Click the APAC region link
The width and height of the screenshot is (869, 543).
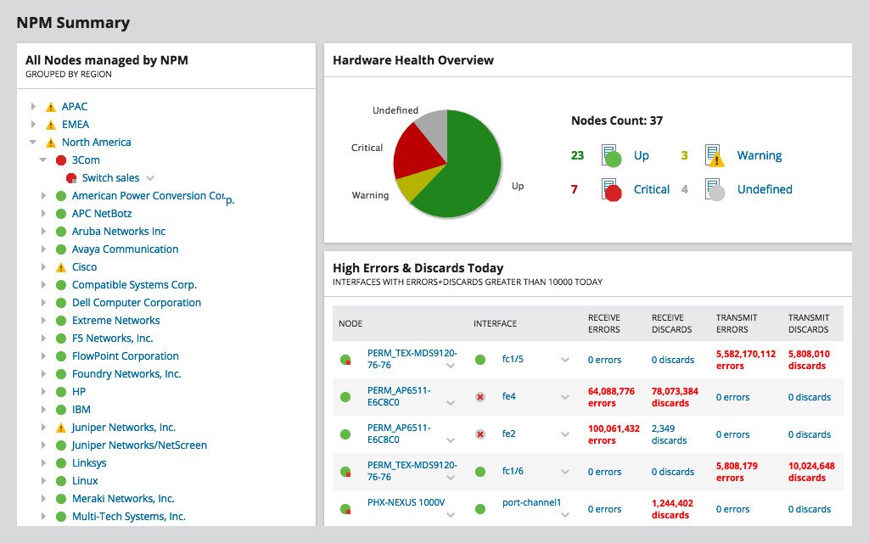click(74, 107)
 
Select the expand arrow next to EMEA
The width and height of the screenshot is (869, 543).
click(33, 125)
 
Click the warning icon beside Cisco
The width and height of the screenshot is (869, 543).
click(60, 267)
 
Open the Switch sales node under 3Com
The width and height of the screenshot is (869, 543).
click(110, 178)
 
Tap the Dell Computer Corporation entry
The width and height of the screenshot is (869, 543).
click(136, 303)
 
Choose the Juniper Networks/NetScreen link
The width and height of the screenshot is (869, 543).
click(139, 445)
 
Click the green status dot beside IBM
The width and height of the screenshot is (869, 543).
click(60, 410)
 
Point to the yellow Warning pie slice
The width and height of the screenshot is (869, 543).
click(407, 187)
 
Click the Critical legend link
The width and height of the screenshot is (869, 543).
click(652, 189)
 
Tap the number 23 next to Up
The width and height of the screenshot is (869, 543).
click(577, 155)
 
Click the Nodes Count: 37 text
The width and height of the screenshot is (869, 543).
click(617, 121)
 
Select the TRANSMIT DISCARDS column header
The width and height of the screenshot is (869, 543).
click(808, 323)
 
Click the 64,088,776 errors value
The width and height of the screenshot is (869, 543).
click(611, 397)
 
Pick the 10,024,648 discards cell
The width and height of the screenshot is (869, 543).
click(810, 472)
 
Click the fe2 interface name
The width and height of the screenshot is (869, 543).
click(509, 434)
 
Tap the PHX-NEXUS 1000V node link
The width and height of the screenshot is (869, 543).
click(406, 502)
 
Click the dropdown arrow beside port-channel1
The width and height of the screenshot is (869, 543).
click(565, 514)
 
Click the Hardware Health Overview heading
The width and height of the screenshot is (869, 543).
click(413, 60)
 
